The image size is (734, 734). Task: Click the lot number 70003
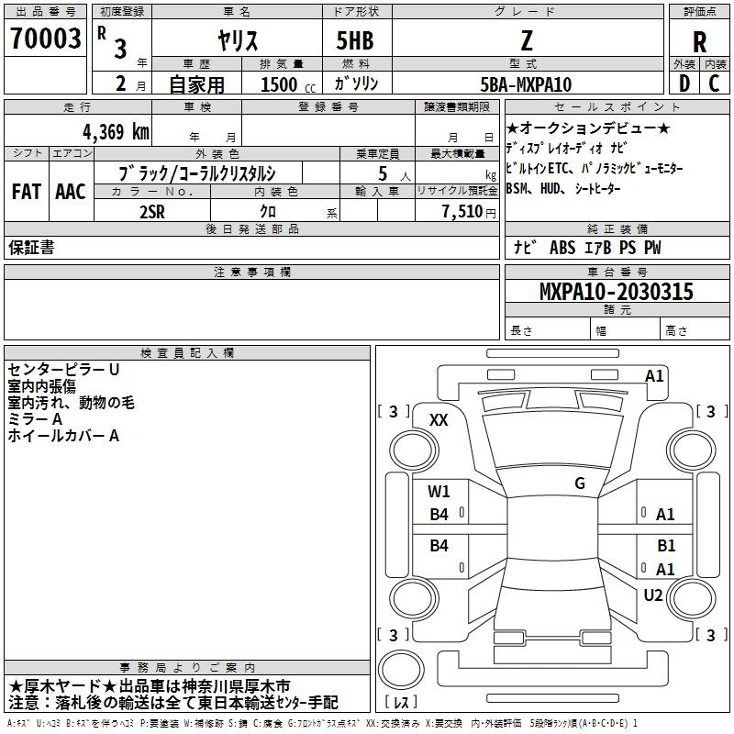point(45,39)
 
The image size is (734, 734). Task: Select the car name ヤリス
point(238,40)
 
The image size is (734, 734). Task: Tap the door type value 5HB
point(355,40)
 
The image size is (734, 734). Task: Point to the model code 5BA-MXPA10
point(526,84)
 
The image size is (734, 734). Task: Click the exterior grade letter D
point(684,83)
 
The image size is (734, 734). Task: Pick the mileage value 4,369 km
point(117,132)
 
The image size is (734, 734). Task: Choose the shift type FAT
point(27,192)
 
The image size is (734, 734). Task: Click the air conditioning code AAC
point(71,192)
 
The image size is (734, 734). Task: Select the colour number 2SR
point(152,212)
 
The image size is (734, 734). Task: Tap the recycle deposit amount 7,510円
point(469,212)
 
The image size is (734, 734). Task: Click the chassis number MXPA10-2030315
point(617,291)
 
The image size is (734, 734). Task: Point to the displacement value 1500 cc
point(288,84)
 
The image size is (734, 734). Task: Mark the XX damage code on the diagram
point(439,420)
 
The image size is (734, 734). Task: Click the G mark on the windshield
point(580,483)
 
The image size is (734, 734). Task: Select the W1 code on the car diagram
point(439,492)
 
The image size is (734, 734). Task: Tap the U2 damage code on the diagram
point(653,595)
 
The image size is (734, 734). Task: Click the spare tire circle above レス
point(401,669)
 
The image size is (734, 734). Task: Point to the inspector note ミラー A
point(35,419)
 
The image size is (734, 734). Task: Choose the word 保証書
point(31,247)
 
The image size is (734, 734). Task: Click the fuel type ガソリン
point(356,83)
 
